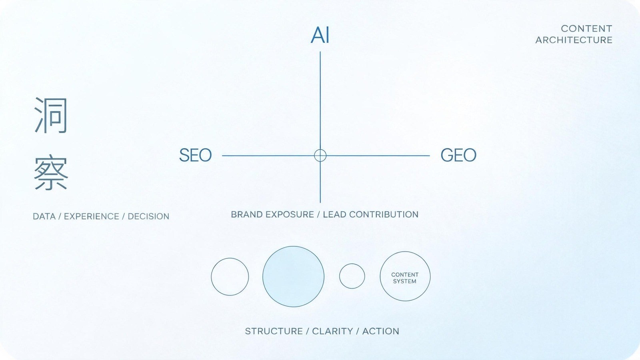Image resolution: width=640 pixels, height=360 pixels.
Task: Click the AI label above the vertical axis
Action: (320, 35)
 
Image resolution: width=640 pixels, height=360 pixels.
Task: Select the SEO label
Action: (196, 155)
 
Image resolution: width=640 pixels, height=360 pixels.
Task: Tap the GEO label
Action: (458, 155)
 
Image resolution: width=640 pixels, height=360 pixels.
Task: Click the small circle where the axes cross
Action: (320, 150)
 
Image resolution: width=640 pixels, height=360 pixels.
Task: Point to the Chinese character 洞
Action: (51, 115)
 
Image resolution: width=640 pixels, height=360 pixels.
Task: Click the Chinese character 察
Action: (51, 172)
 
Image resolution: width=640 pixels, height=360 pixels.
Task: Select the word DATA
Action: (44, 216)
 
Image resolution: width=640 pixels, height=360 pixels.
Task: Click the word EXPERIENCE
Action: (92, 216)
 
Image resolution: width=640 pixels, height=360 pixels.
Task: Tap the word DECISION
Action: (148, 216)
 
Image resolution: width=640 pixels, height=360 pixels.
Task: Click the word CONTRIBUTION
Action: (384, 214)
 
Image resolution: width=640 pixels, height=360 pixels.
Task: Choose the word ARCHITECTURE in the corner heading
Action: (574, 40)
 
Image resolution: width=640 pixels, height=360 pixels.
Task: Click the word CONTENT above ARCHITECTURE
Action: (586, 28)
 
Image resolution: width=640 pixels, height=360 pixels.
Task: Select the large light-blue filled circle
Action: (293, 276)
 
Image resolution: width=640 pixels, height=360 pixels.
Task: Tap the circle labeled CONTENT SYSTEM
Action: (380, 276)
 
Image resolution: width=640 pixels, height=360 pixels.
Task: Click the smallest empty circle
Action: (340, 276)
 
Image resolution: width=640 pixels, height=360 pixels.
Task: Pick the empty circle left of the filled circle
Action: (212, 276)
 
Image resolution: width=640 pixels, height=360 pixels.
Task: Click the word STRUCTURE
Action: (274, 331)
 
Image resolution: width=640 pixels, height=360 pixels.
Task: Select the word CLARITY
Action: (332, 331)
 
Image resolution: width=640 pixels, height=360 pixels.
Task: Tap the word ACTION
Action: (381, 331)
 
